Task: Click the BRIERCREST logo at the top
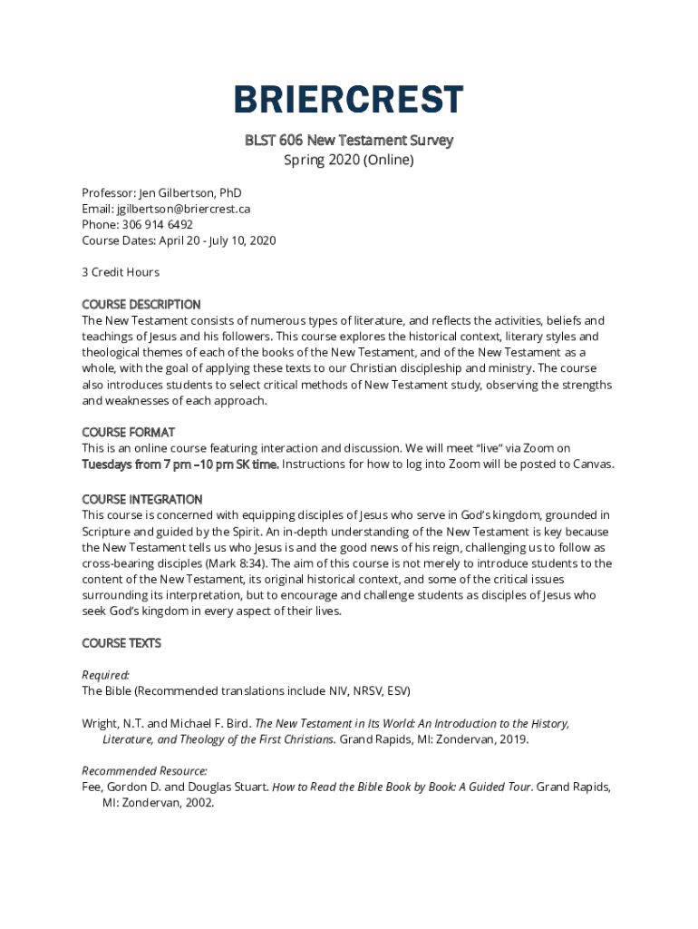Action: point(349,100)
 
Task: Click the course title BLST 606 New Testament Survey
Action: point(349,141)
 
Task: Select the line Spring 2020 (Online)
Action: point(349,161)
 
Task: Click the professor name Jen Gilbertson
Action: point(178,193)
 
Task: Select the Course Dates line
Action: point(179,240)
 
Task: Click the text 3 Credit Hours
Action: point(121,272)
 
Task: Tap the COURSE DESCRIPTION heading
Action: point(141,304)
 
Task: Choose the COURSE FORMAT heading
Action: point(128,432)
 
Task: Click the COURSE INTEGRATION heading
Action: point(142,499)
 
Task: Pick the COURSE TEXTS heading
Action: point(121,643)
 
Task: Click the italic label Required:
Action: point(106,675)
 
